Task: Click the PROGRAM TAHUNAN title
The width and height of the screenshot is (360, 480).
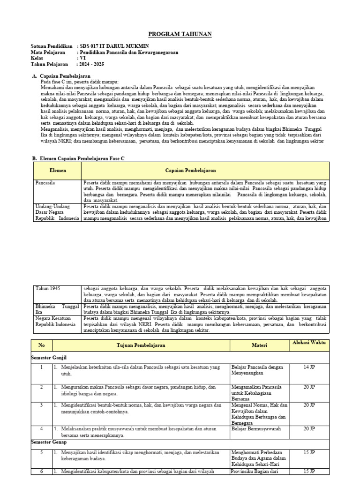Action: click(x=180, y=34)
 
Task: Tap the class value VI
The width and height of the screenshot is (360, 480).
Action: click(x=83, y=59)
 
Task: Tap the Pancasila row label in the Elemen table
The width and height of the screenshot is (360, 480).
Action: click(x=45, y=182)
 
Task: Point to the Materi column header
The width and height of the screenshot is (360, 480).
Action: click(x=259, y=345)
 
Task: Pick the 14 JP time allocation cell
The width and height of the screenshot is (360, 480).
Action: click(x=309, y=367)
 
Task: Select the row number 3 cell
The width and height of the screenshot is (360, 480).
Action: click(x=41, y=405)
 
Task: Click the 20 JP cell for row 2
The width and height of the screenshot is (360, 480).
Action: click(x=309, y=387)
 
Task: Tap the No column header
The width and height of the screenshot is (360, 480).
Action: click(x=41, y=345)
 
